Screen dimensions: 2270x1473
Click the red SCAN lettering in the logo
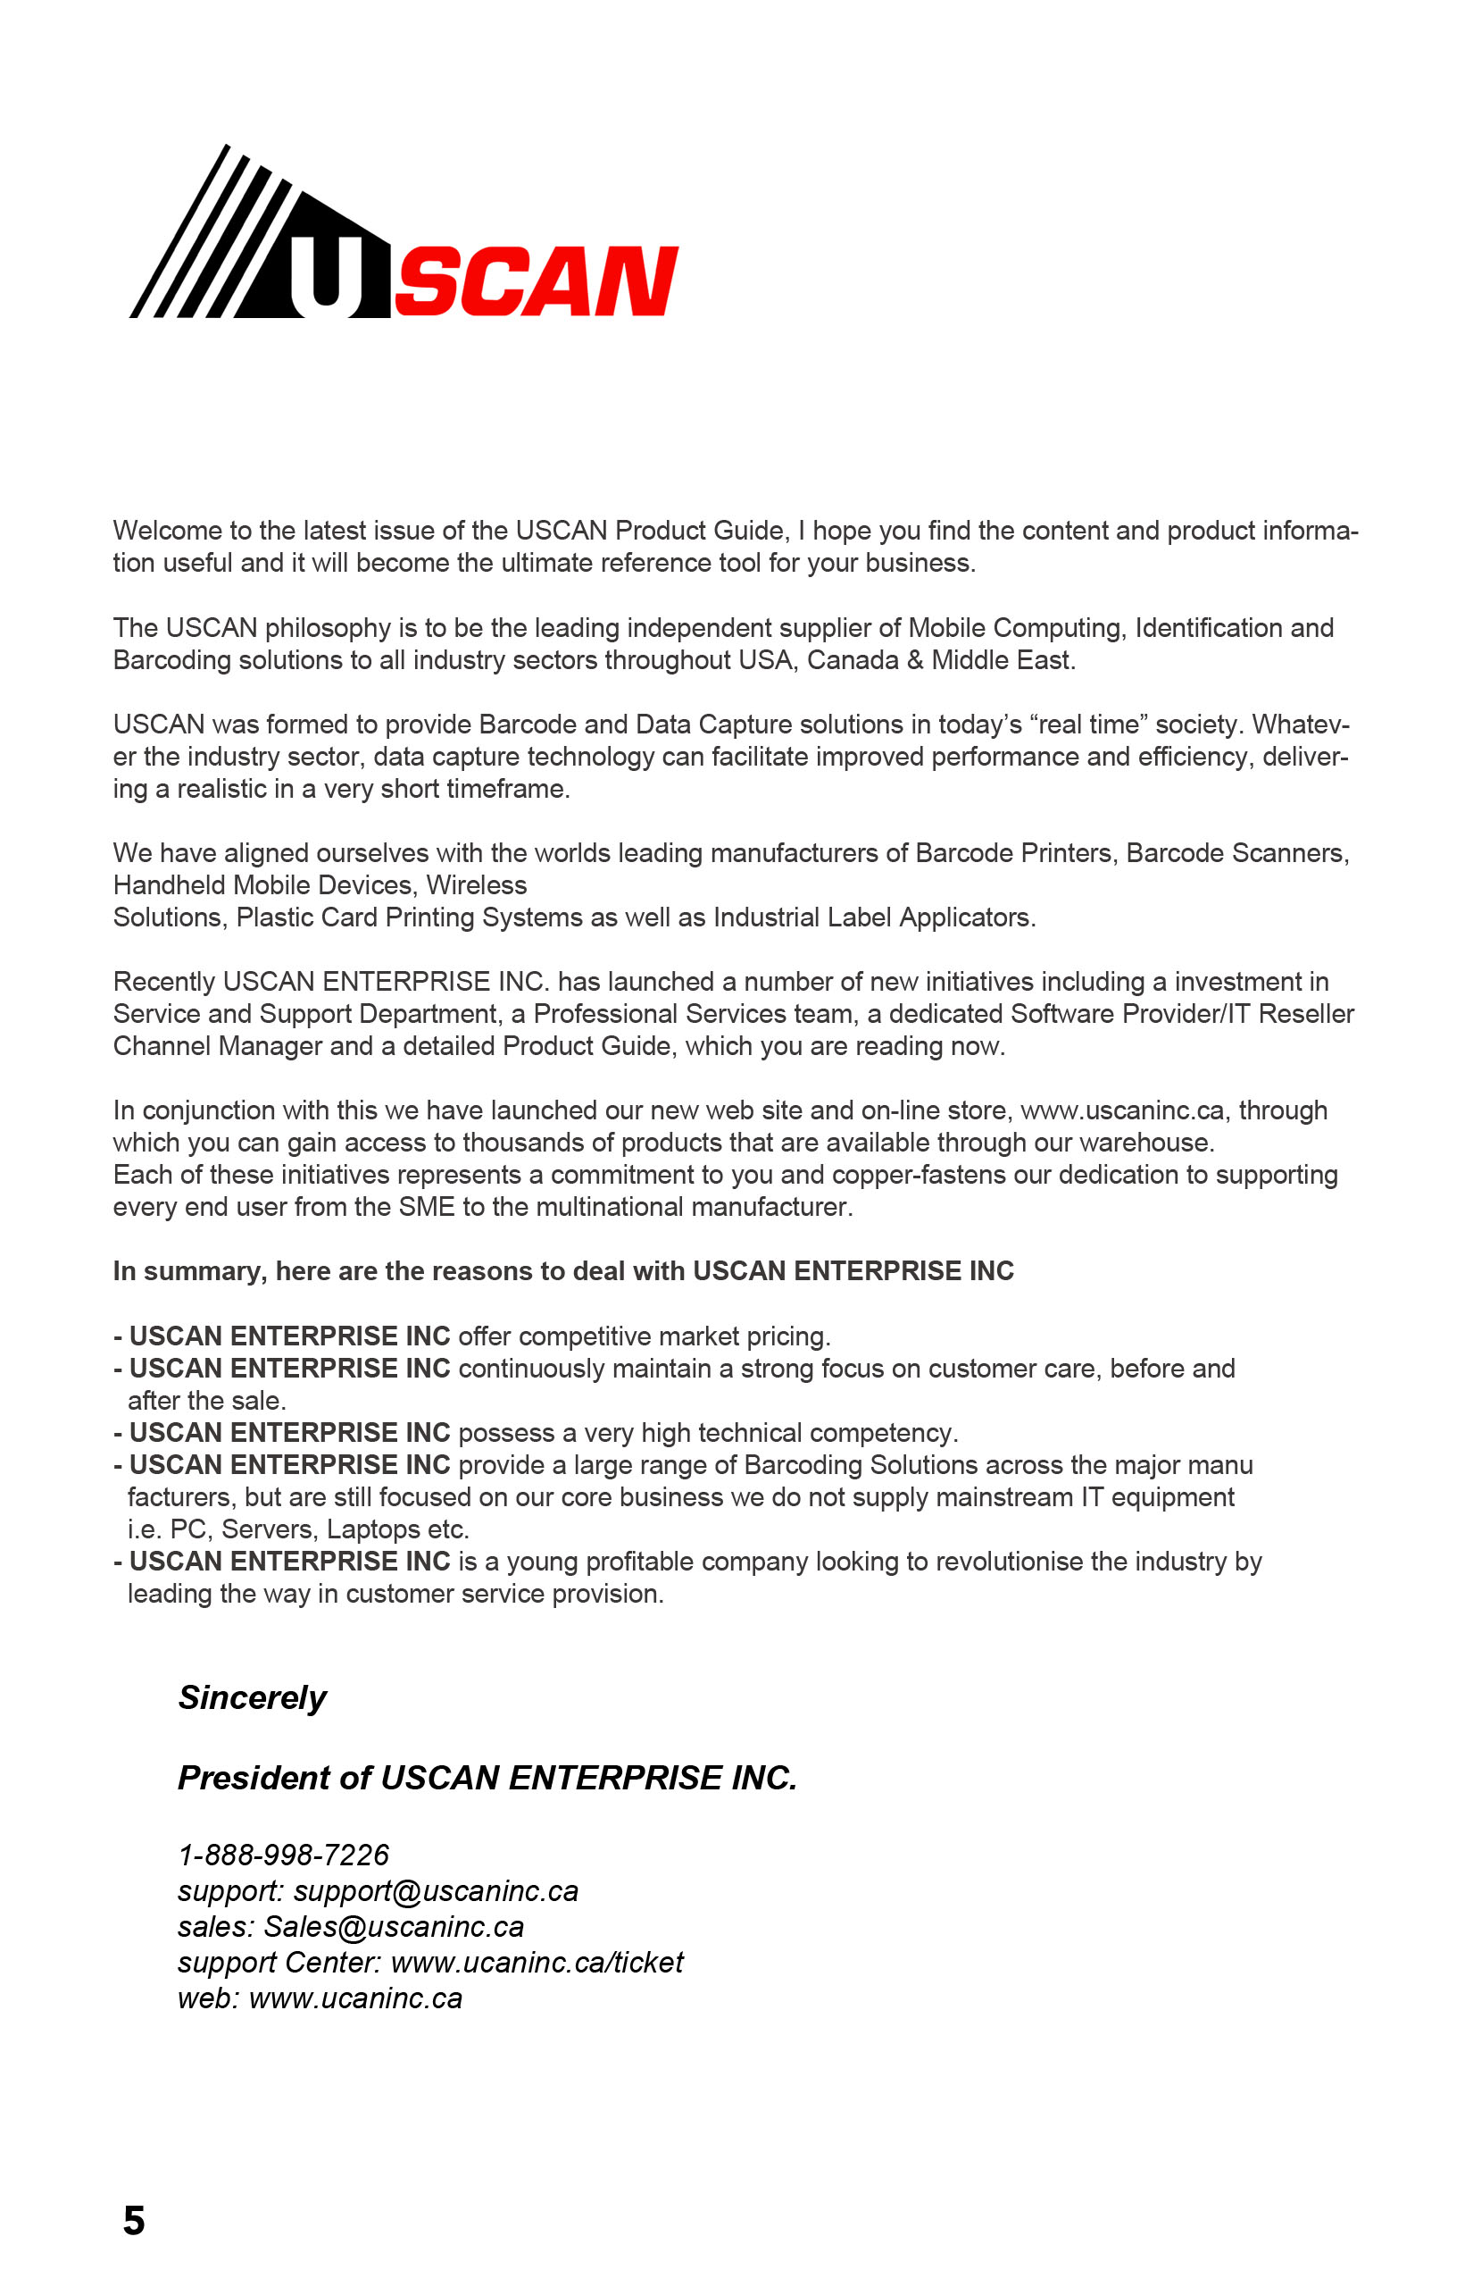point(536,281)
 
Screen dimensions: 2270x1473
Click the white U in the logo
point(326,277)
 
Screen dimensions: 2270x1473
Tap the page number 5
point(134,2220)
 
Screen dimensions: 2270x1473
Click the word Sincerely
point(252,1697)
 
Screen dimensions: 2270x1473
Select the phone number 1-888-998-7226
point(283,1855)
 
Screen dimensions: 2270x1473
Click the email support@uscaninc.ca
point(436,1890)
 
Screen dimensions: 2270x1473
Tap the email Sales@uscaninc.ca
point(394,1927)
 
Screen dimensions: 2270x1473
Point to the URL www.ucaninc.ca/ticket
point(537,1962)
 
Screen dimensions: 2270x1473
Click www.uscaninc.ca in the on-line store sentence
point(1121,1110)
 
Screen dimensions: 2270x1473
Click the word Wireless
point(476,885)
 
